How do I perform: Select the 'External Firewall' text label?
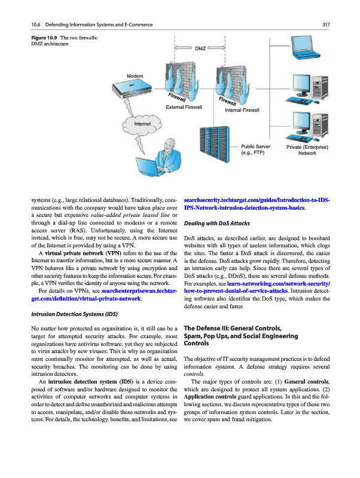tap(184, 107)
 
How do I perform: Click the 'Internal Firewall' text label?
tap(242, 111)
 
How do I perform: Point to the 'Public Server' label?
tap(255, 146)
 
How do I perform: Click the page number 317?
tap(327, 24)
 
